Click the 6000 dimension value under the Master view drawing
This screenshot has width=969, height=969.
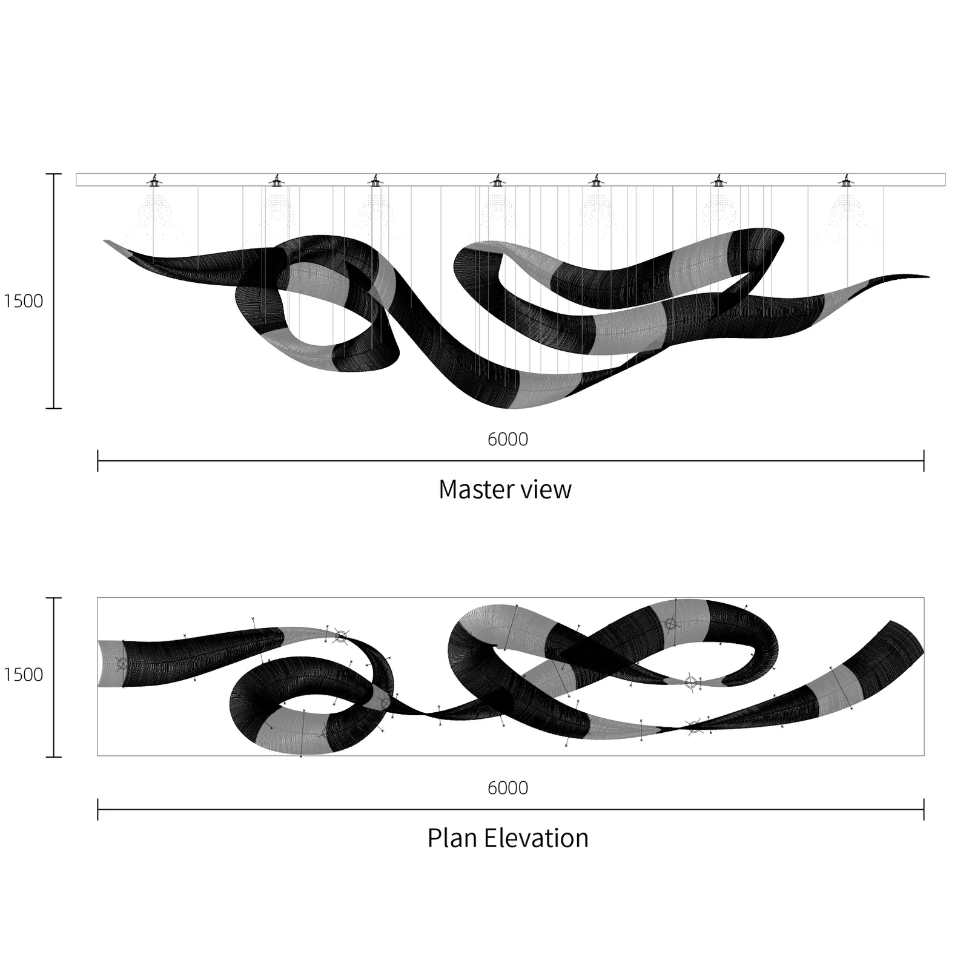pos(508,439)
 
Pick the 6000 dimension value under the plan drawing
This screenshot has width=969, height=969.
pos(508,788)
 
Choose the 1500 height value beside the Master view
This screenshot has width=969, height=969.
pos(23,301)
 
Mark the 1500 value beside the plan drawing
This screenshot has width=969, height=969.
pos(23,675)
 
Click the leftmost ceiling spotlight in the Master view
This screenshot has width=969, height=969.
pos(154,180)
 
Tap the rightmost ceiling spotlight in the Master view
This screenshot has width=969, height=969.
pos(846,180)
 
